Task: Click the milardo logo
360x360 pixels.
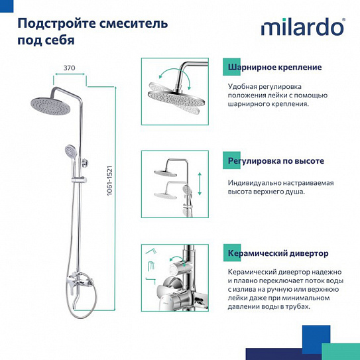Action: click(302, 28)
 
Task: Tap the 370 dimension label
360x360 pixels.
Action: click(69, 68)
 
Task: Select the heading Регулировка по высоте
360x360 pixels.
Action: click(275, 161)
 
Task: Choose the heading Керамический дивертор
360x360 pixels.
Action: click(278, 254)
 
